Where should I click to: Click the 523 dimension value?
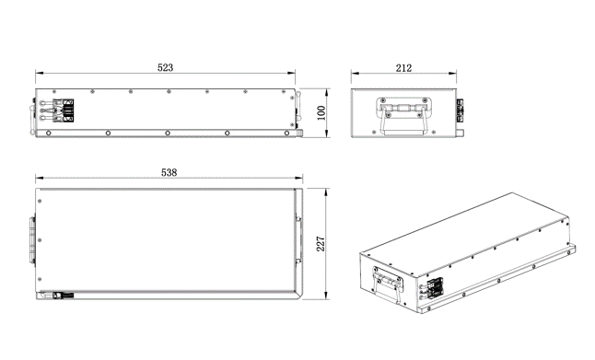[x=165, y=67]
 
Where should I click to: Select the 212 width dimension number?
[x=403, y=68]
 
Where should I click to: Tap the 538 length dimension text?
[x=169, y=172]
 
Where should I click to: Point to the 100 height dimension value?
[x=321, y=112]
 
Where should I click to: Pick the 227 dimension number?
[x=321, y=244]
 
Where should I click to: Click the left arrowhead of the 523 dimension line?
[x=39, y=73]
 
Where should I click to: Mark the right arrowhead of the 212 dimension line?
[x=453, y=73]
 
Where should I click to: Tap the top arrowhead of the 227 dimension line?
[x=325, y=192]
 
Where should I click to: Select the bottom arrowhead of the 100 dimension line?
[x=327, y=134]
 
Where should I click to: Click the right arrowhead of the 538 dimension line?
[x=299, y=177]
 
